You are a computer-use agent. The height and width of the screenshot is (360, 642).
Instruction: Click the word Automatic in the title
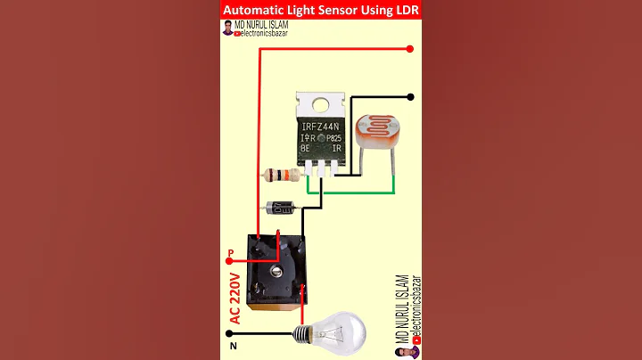click(259, 10)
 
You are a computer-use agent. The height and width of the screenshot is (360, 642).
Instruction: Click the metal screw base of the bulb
click(302, 335)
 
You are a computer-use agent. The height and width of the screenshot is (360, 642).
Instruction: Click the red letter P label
click(231, 254)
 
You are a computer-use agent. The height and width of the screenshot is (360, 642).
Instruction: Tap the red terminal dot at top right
click(410, 49)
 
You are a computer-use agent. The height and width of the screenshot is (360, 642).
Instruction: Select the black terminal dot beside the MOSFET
click(410, 97)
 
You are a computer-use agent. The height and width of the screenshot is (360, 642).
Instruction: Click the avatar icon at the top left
click(228, 30)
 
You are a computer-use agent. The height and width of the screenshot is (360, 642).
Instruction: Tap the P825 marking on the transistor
click(333, 138)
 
